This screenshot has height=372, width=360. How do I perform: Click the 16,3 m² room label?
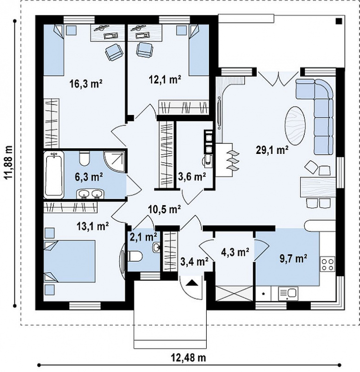click(x=86, y=84)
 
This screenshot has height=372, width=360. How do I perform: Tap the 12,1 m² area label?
click(x=165, y=79)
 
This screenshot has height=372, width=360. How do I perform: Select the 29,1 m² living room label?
click(x=272, y=150)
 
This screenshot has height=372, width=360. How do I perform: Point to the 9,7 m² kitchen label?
click(x=294, y=259)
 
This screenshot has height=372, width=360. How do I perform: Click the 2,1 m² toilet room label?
click(x=144, y=237)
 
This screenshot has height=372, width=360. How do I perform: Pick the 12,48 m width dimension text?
click(x=189, y=358)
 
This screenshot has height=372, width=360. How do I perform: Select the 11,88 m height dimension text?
click(x=9, y=162)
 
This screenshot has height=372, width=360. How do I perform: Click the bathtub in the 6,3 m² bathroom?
click(x=54, y=175)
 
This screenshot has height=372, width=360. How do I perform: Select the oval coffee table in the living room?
click(x=295, y=126)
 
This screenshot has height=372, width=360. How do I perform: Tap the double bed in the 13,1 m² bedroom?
click(x=70, y=261)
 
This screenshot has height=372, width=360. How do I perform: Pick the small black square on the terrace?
click(x=339, y=21)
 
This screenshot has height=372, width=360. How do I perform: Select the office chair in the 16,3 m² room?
click(x=114, y=52)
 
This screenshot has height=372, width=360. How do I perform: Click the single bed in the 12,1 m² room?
click(x=199, y=50)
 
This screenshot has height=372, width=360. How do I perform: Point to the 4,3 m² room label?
click(x=235, y=252)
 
